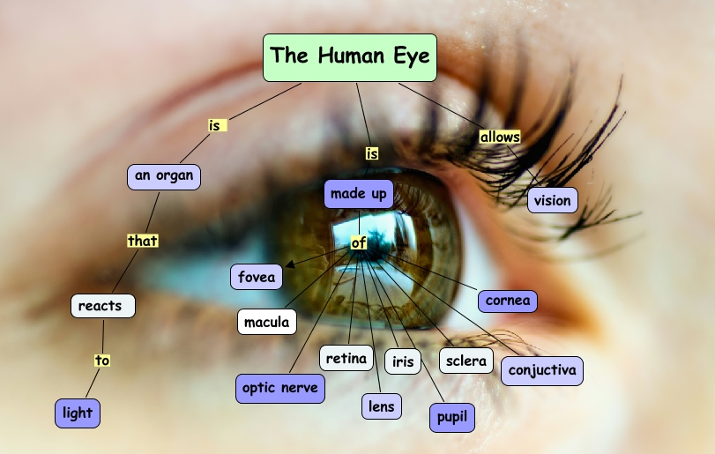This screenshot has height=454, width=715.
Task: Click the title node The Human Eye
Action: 350,57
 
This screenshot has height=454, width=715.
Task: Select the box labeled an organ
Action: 163,175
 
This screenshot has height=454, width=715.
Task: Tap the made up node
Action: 358,194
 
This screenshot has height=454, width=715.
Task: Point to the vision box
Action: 552,200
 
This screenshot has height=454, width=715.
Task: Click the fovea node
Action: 257,277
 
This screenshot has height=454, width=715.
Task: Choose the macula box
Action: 266,322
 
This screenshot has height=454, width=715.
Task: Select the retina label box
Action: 346,358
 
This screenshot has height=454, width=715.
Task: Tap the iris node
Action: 402,361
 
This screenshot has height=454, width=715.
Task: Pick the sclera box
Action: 465,361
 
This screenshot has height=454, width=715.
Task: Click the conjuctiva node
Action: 541,370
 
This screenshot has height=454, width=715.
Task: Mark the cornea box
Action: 508,301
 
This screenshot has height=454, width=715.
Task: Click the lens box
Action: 381,406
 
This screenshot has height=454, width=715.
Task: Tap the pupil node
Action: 451,417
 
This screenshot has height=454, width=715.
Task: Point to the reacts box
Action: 102,306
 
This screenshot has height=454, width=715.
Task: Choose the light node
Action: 77,413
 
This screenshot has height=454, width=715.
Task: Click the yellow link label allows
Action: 500,137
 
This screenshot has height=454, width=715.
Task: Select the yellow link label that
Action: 142,240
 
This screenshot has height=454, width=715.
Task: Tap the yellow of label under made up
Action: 358,242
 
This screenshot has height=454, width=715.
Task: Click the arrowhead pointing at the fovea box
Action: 289,263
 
